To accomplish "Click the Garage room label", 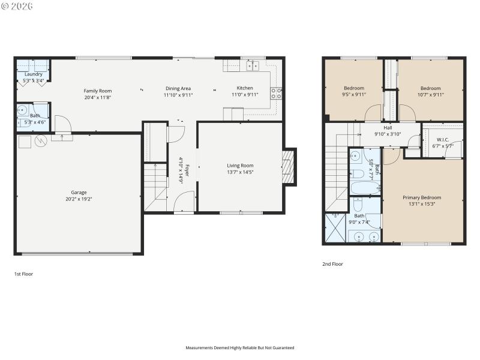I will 78,193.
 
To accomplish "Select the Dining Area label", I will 178,88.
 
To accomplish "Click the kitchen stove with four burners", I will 277,92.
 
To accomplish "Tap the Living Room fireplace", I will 289,166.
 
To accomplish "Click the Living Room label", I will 240,166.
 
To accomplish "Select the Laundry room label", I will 33,74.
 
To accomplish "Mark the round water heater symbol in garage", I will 41,142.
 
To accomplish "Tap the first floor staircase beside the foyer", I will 154,186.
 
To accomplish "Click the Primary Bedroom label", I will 421,197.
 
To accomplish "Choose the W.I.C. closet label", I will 443,139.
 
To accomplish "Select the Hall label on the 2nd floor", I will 388,127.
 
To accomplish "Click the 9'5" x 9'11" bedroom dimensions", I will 354,94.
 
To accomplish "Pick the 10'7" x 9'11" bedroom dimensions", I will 430,94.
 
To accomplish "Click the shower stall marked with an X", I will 335,228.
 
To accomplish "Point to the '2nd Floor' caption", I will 332,263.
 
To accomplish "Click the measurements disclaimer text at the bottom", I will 239,347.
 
